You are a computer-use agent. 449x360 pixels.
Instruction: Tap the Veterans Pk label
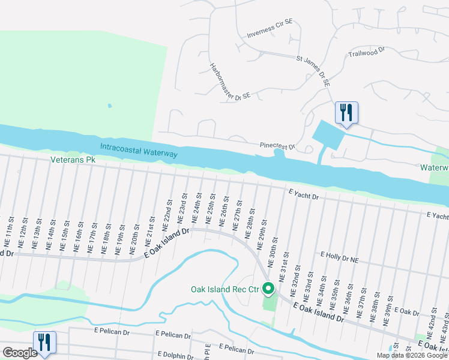point(73,160)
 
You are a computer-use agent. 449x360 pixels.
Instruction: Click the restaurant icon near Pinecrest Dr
point(346,112)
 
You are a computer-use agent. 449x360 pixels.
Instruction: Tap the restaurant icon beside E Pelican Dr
point(44,342)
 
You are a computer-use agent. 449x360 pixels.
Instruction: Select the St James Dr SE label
point(314,71)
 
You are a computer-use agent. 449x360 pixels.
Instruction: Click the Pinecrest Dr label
point(278,146)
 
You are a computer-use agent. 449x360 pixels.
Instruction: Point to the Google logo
point(19,353)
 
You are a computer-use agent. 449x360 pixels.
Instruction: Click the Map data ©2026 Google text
point(411,355)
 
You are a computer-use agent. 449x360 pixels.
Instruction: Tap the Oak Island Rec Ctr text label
point(224,289)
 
